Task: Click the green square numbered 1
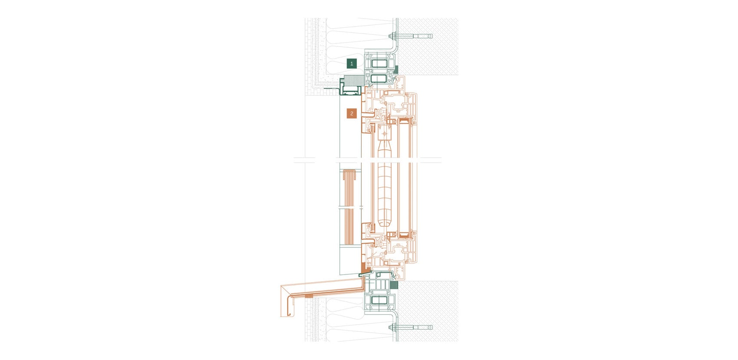[352, 63]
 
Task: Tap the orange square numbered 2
[352, 114]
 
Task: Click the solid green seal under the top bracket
[396, 69]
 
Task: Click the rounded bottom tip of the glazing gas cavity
[383, 224]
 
